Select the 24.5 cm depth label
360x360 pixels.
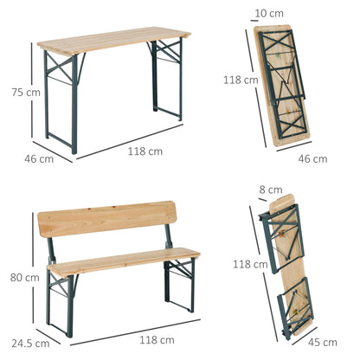(32, 343)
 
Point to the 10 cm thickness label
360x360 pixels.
(275, 14)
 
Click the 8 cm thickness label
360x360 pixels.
(275, 190)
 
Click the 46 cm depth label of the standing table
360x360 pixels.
(40, 158)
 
